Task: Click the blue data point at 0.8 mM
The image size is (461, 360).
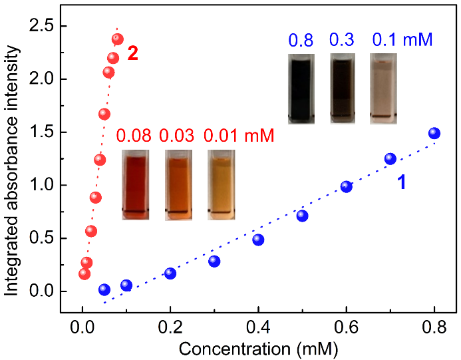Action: pyautogui.click(x=434, y=133)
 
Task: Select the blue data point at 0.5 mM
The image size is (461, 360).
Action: pyautogui.click(x=302, y=216)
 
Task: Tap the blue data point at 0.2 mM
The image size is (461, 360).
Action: pyautogui.click(x=170, y=273)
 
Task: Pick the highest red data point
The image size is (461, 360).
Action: pyautogui.click(x=118, y=39)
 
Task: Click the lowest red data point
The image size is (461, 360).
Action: pyautogui.click(x=84, y=273)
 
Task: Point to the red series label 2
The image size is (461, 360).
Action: pyautogui.click(x=133, y=54)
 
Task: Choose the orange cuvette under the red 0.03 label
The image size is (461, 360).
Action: pyautogui.click(x=178, y=184)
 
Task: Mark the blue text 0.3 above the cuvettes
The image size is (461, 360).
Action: pyautogui.click(x=341, y=40)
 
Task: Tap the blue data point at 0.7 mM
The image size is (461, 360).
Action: pyautogui.click(x=390, y=158)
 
